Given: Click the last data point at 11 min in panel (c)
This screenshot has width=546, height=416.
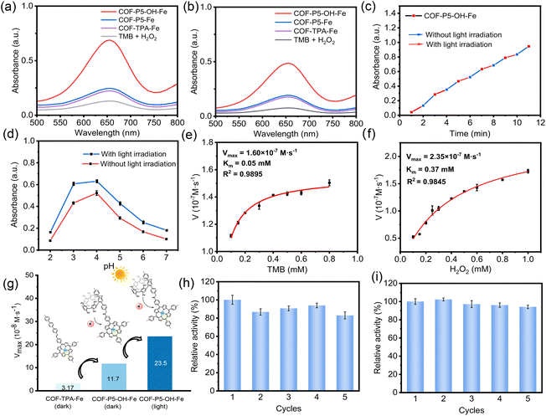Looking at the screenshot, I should [x=528, y=46].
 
